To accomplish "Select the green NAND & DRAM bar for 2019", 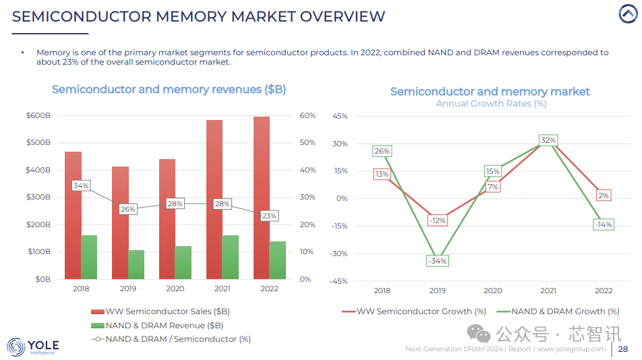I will tap(136, 264).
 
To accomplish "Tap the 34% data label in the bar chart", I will tap(81, 185).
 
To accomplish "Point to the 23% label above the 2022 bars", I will tap(269, 216).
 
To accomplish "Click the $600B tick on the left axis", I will tap(38, 116).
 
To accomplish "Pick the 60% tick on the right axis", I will tap(308, 116).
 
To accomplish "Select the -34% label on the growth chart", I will tap(437, 261).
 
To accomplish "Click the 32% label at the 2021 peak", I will tap(548, 140).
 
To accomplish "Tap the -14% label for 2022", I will tap(603, 224).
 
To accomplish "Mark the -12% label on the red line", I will tap(437, 220).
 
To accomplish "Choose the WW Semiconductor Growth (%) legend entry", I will tap(414, 311).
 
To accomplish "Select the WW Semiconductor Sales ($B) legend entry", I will tap(160, 311).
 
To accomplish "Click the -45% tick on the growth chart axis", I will tap(339, 282).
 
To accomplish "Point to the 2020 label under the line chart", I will tap(492, 291).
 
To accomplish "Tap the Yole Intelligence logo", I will tap(32, 347).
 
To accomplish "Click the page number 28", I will tap(622, 349).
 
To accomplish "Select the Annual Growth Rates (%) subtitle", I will tap(491, 104).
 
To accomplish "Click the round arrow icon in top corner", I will tap(628, 14).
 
